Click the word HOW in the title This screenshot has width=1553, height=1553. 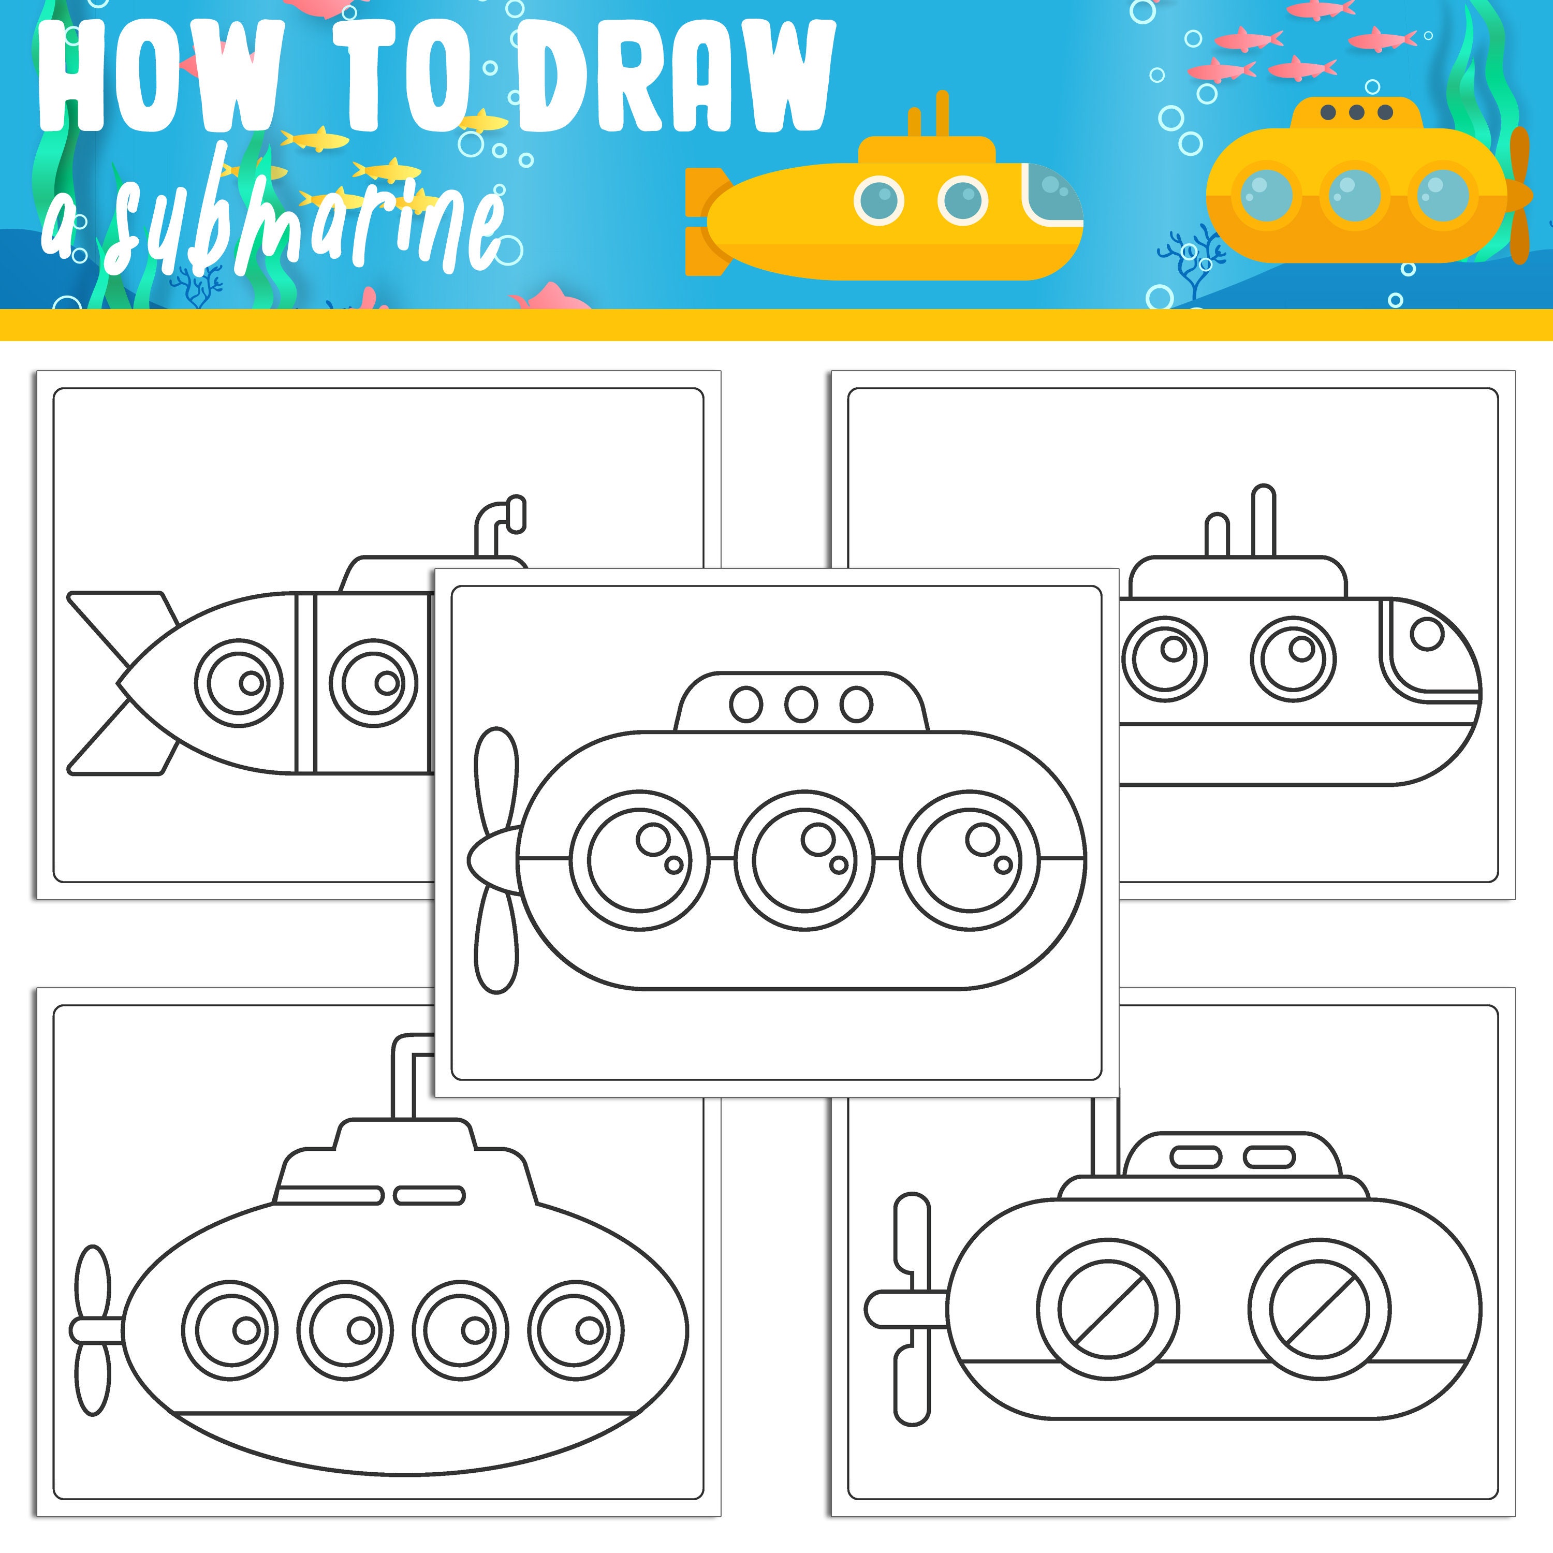click(161, 77)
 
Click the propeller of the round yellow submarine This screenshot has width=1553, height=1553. click(1518, 195)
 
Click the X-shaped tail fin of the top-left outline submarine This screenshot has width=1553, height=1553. click(121, 683)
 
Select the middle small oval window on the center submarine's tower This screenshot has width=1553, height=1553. click(801, 704)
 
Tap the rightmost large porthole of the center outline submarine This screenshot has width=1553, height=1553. click(970, 859)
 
